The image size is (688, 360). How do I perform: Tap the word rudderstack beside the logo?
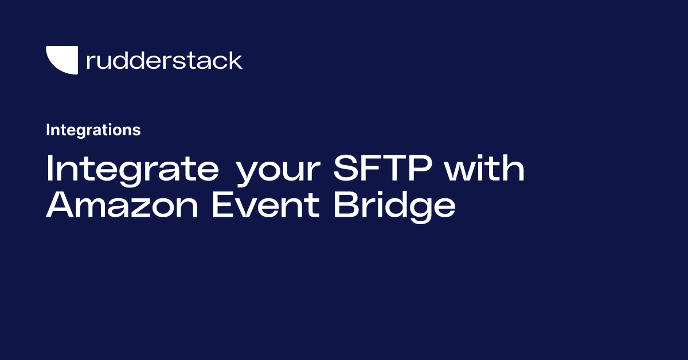(164, 60)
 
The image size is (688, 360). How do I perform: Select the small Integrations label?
(93, 130)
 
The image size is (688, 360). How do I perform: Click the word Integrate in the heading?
(132, 169)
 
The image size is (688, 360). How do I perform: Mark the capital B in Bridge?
(346, 205)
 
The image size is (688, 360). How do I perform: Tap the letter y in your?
(247, 174)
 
